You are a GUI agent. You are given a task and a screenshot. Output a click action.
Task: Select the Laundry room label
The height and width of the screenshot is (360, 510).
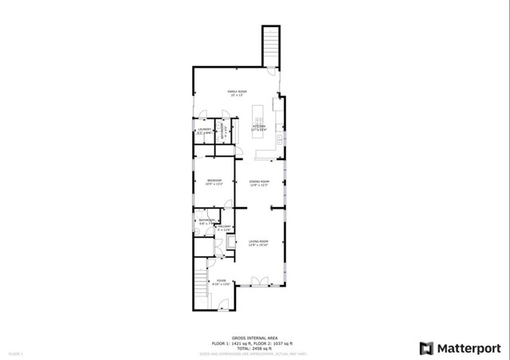click(x=203, y=131)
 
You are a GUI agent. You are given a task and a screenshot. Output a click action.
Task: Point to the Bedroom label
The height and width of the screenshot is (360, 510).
click(x=214, y=182)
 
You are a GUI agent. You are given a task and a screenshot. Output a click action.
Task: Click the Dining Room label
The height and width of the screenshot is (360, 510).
click(x=259, y=182)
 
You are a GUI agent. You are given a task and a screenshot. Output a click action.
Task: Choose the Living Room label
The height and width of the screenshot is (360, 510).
click(x=258, y=243)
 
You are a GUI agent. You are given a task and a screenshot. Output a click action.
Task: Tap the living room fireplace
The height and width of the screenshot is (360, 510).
click(x=232, y=243)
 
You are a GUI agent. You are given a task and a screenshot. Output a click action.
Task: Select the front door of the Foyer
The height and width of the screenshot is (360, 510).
click(x=224, y=303)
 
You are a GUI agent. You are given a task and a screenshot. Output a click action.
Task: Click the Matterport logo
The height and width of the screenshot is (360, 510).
click(x=460, y=348)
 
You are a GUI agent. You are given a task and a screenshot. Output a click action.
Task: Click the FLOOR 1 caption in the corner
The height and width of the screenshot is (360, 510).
click(x=16, y=351)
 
